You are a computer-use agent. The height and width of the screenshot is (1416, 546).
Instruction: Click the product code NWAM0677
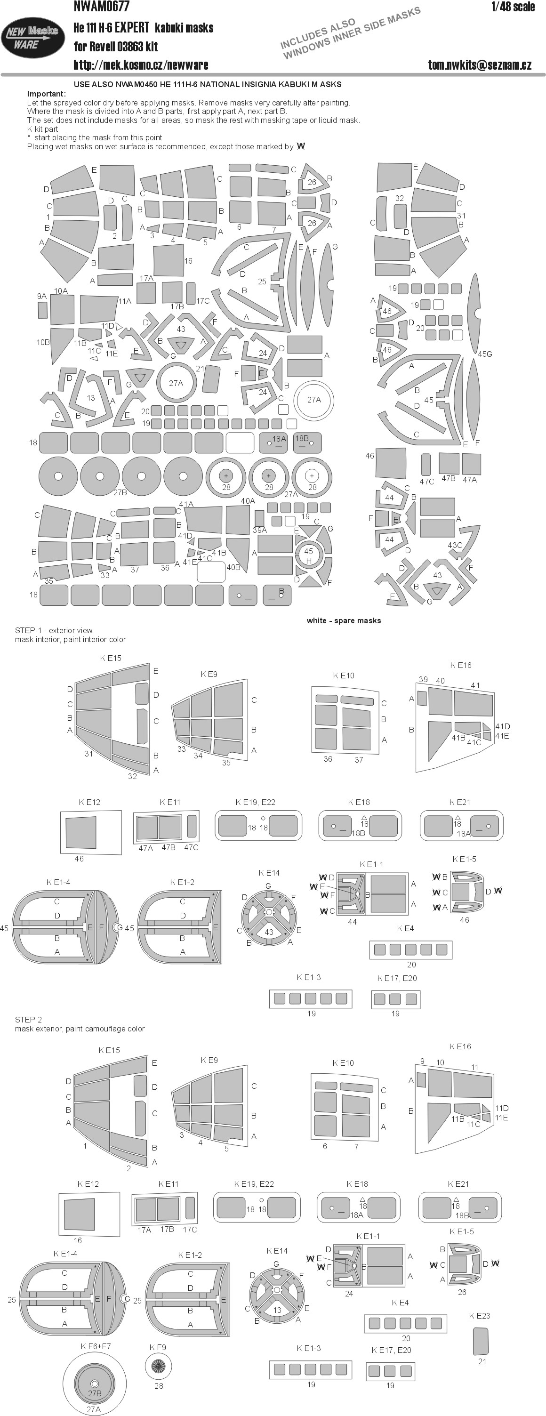pos(102,7)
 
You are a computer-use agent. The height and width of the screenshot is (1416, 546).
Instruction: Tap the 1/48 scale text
pos(513,7)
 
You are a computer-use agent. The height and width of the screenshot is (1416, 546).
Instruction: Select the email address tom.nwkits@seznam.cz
pos(480,65)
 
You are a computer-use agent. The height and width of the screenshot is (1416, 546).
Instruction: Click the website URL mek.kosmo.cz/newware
pos(141,65)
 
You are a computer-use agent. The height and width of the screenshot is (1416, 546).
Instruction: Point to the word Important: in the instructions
pos(46,94)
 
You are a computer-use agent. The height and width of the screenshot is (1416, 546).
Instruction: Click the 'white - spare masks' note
pos(344,620)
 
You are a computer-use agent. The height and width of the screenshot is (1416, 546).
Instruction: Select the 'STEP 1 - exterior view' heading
pos(54,630)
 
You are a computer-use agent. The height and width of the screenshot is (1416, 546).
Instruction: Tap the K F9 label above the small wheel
pos(158,1347)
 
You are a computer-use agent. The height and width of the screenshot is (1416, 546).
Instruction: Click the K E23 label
pos(480,1315)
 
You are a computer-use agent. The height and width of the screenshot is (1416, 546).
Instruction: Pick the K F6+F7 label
pos(96,1346)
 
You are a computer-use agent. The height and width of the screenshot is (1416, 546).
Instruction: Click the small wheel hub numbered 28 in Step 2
pos(158,1366)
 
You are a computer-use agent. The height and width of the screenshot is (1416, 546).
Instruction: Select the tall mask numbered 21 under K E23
pos(481,1341)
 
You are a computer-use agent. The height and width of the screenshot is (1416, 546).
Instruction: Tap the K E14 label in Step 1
pos(269,872)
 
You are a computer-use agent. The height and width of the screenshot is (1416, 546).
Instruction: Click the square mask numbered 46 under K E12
pos(81,833)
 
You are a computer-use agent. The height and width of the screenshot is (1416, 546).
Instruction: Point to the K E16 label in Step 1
pos(461,665)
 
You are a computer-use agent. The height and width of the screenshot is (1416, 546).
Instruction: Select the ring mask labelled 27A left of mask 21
pos(176,383)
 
